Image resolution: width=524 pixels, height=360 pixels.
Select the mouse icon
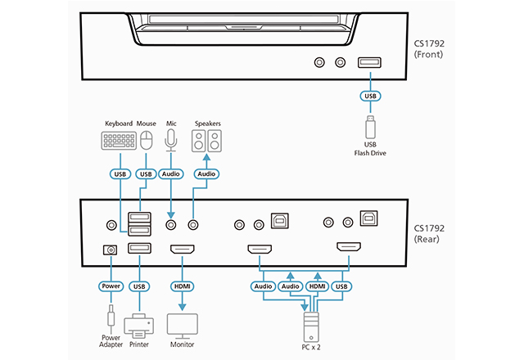click(x=147, y=141)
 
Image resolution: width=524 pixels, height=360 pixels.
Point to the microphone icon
click(x=171, y=141)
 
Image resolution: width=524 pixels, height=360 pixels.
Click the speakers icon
click(x=206, y=141)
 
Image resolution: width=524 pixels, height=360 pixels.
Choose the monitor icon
click(x=181, y=323)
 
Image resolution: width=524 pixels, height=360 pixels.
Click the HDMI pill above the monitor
click(x=181, y=286)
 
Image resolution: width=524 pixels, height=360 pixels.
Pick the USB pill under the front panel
click(x=369, y=97)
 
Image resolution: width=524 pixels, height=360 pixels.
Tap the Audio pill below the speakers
click(x=206, y=173)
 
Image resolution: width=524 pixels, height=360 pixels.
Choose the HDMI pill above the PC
click(x=317, y=286)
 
